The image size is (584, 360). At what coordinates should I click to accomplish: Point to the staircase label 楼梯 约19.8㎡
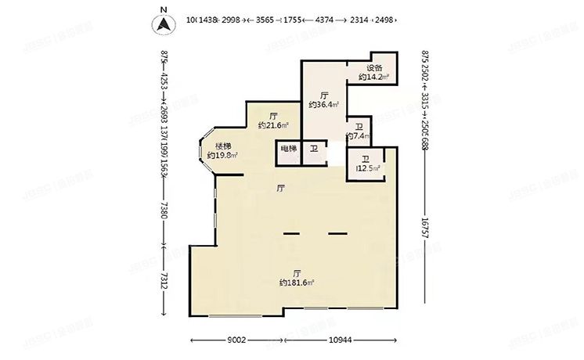(223, 150)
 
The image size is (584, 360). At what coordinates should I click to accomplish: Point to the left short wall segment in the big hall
(291, 233)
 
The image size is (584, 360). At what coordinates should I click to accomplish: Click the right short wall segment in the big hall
(337, 233)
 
